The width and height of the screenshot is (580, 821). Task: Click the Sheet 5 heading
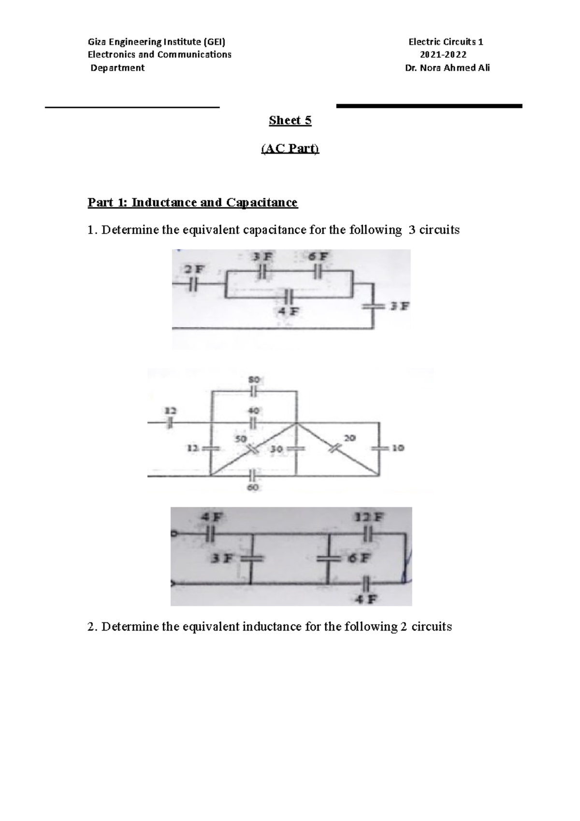(x=290, y=121)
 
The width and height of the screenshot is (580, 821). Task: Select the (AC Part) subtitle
(x=290, y=149)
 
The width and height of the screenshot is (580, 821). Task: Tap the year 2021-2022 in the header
(x=444, y=55)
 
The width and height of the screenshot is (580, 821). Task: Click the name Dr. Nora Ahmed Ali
(x=447, y=68)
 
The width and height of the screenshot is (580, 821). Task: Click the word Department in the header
(x=118, y=68)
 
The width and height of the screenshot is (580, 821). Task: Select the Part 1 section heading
(x=192, y=202)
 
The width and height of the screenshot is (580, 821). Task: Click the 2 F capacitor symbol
(x=193, y=285)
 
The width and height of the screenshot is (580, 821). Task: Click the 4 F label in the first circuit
(x=289, y=312)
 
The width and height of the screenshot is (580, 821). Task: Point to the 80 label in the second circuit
(x=254, y=380)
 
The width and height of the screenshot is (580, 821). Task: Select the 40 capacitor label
(x=254, y=411)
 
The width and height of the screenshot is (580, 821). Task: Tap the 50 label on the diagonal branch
(x=240, y=439)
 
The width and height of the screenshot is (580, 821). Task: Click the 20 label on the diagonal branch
(x=349, y=438)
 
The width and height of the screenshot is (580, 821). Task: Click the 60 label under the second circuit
(x=253, y=487)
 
